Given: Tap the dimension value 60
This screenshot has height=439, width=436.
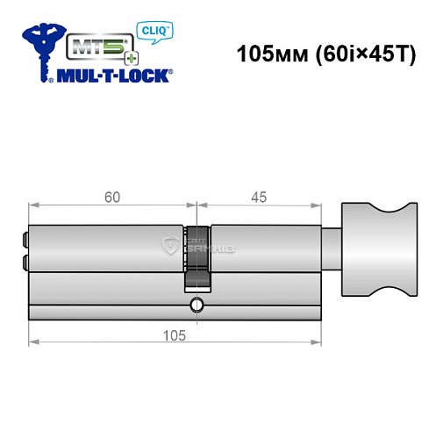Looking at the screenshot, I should click(110, 198).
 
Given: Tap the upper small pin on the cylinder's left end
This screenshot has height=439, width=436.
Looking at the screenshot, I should click(24, 235).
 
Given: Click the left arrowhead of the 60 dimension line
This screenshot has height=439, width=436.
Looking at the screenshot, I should click(32, 206).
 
